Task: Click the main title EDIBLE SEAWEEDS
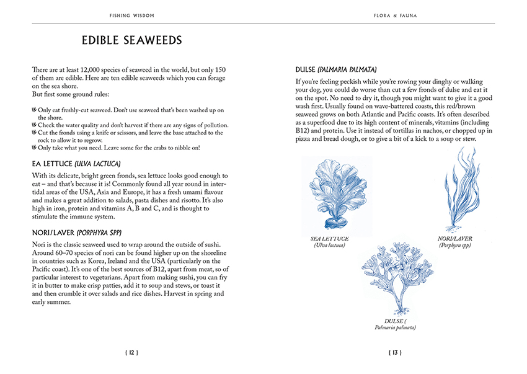click(x=132, y=41)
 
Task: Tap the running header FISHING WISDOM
click(x=132, y=14)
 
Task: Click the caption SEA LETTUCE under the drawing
click(x=330, y=239)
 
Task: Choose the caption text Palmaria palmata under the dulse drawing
click(x=395, y=327)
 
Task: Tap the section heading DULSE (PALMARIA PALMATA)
click(x=337, y=69)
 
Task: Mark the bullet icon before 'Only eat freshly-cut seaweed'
click(x=33, y=110)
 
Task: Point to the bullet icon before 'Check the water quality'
click(x=33, y=125)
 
